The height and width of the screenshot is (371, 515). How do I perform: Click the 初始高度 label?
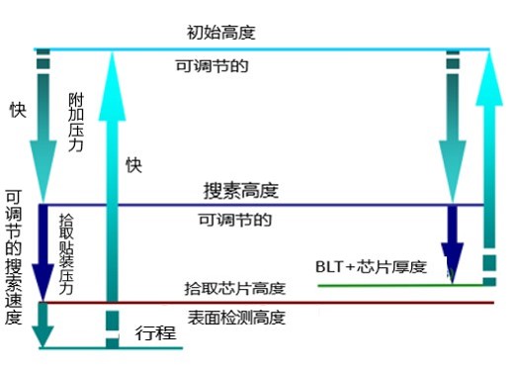220,33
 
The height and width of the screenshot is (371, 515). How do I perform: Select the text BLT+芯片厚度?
370,267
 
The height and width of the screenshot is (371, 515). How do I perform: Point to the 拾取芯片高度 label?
235,289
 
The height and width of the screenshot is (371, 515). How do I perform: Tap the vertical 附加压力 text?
76,122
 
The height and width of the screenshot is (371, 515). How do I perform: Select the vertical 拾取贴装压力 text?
66,255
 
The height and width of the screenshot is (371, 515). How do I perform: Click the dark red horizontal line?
297,302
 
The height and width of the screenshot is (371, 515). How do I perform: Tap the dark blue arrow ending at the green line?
454,243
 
